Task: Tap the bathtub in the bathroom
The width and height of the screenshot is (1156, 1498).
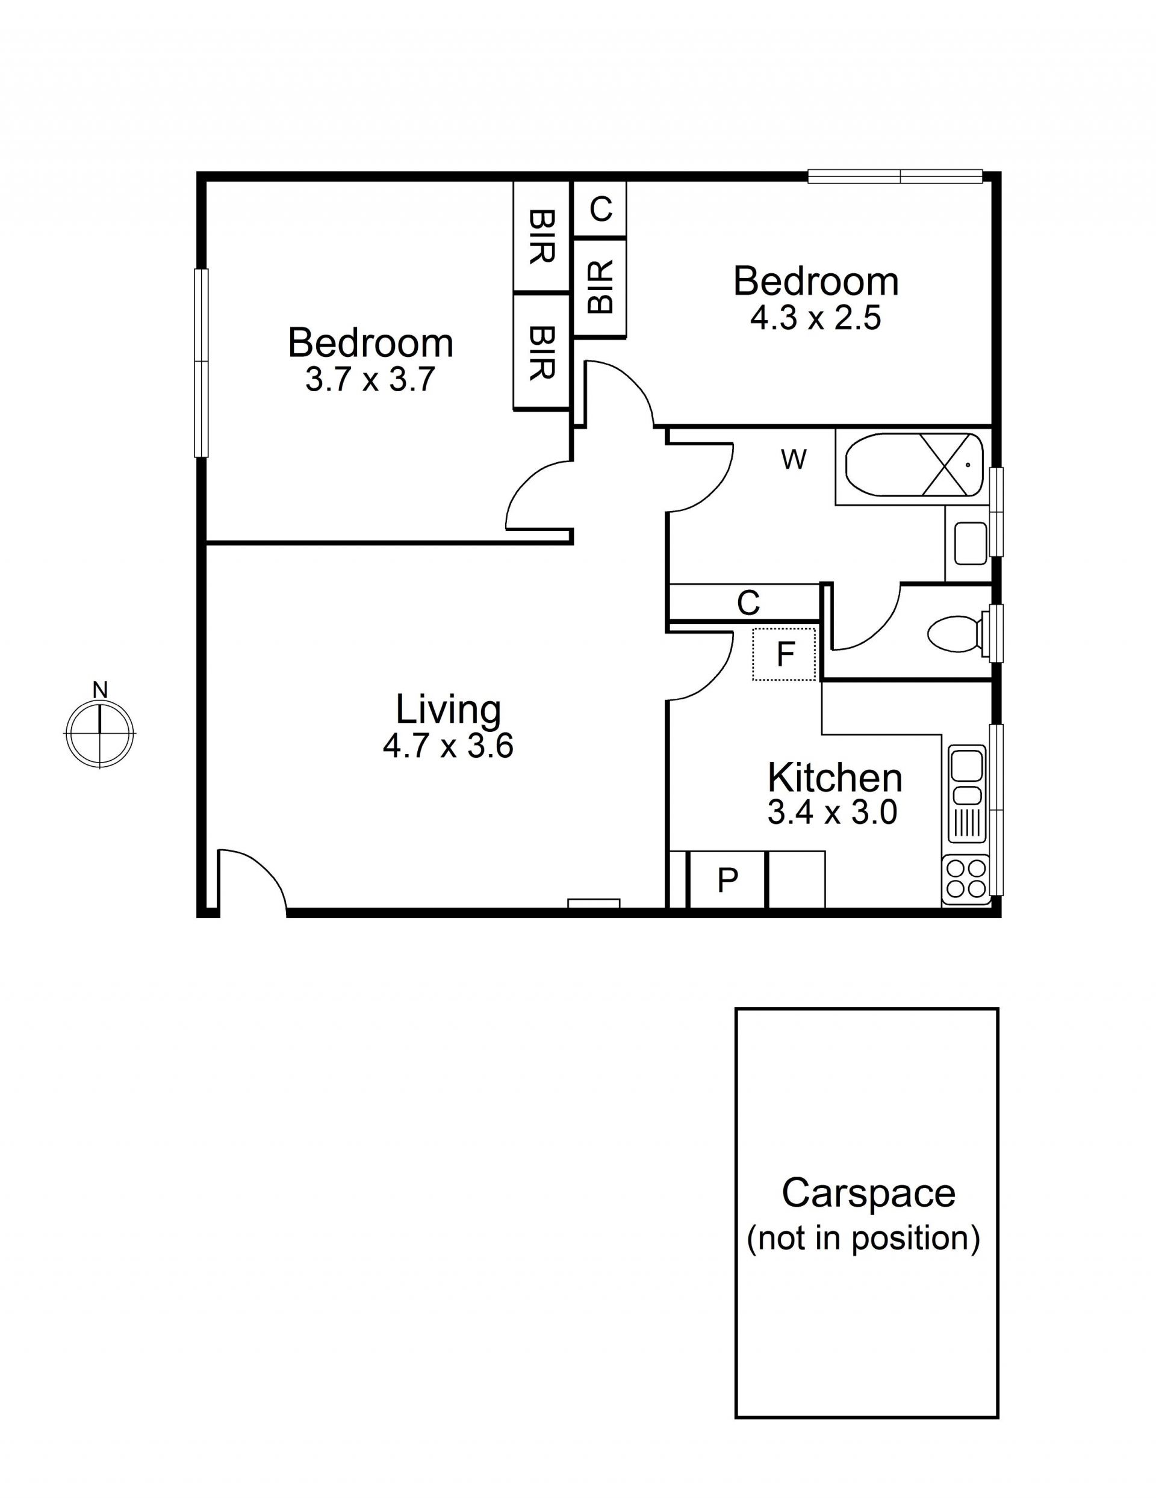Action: tap(915, 465)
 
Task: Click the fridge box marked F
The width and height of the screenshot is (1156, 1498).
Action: tap(784, 654)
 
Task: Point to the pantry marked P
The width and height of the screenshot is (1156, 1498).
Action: tap(727, 879)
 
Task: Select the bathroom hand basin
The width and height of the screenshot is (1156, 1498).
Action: tap(970, 543)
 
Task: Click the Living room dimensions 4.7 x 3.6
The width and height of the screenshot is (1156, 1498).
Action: tap(448, 746)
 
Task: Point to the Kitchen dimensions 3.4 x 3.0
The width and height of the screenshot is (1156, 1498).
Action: tap(832, 812)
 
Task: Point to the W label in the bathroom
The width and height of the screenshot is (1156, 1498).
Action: tap(794, 460)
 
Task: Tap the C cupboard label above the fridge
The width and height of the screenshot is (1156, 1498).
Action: tap(748, 604)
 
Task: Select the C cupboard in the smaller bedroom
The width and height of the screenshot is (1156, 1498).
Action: tap(600, 209)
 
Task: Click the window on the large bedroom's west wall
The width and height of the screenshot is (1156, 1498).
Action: tap(200, 362)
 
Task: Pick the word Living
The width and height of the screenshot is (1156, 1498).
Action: tap(448, 710)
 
